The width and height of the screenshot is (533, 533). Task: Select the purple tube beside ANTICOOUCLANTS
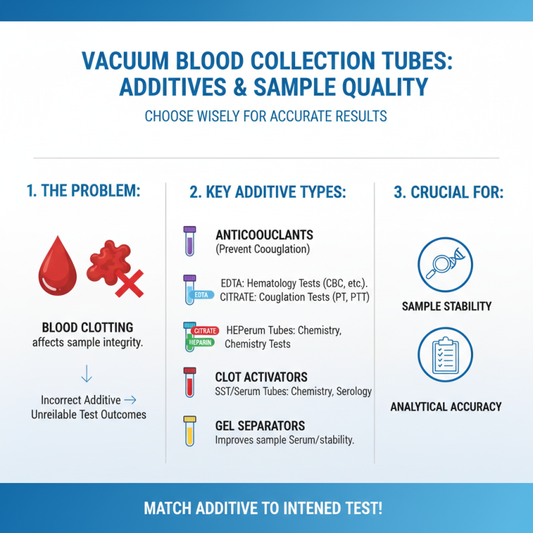click(189, 241)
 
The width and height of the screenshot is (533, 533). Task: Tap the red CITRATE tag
click(205, 330)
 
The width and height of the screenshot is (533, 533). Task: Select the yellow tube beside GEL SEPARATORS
click(189, 431)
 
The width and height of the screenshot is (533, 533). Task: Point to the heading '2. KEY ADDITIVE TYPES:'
click(268, 193)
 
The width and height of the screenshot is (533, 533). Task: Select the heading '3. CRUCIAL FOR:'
click(448, 193)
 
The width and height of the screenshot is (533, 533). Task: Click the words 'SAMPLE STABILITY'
click(446, 306)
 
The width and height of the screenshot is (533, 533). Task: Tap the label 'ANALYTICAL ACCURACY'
click(446, 406)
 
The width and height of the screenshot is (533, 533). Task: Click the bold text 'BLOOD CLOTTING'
click(87, 328)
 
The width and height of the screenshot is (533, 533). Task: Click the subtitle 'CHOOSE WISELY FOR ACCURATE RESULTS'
click(266, 117)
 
